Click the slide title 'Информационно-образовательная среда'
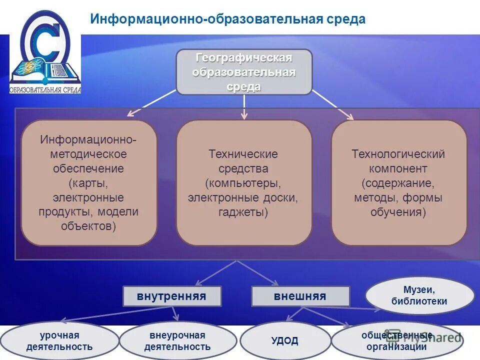coord(227,19)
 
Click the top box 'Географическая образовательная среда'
coord(244,72)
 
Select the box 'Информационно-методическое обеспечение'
coord(89,182)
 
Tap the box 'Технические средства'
coord(244,182)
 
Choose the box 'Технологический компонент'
coord(398,182)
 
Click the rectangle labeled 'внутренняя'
coord(172,296)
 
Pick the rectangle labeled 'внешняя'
coord(300,296)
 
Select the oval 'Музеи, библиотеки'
coord(419,295)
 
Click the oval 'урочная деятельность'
coord(59,341)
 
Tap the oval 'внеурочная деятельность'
coord(177,341)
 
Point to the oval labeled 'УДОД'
coord(285,341)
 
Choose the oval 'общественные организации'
coord(396,341)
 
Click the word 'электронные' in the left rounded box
coord(89,197)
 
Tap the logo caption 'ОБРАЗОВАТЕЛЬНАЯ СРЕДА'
coord(45,90)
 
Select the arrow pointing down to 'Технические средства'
coord(244,107)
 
